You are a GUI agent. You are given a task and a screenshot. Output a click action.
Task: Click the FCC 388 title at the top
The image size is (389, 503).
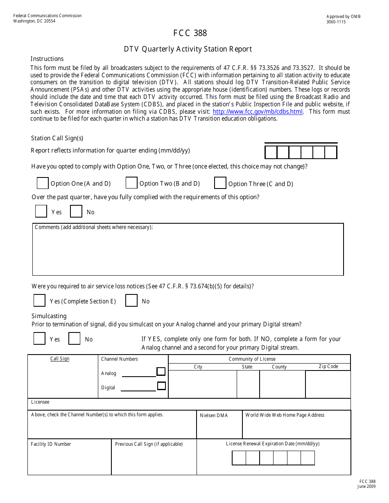pyautogui.click(x=190, y=34)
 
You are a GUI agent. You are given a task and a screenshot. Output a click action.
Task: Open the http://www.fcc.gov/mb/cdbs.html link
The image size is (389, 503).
pyautogui.click(x=258, y=112)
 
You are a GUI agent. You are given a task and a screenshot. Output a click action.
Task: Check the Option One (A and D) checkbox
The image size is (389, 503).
pyautogui.click(x=43, y=183)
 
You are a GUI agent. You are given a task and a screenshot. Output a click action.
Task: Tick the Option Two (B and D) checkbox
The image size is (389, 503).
pyautogui.click(x=131, y=183)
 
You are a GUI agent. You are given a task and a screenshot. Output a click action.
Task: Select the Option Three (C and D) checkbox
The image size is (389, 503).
pyautogui.click(x=220, y=183)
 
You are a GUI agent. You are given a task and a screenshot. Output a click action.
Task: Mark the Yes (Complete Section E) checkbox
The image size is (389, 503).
pyautogui.click(x=39, y=301)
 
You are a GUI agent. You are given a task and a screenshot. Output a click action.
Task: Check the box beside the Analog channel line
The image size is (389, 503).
pyautogui.click(x=161, y=372)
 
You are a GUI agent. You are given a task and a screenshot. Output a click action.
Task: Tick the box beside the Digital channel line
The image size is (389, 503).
pyautogui.click(x=161, y=386)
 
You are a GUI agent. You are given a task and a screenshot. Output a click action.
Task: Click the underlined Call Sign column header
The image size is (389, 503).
pyautogui.click(x=60, y=359)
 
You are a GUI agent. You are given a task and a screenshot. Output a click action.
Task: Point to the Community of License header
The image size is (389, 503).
pyautogui.click(x=252, y=359)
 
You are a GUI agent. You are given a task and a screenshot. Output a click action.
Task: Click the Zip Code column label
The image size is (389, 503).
pyautogui.click(x=328, y=366)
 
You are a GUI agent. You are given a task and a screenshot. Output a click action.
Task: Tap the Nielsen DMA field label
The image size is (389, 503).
pyautogui.click(x=214, y=415)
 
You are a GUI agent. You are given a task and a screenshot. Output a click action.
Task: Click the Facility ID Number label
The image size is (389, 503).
pyautogui.click(x=51, y=444)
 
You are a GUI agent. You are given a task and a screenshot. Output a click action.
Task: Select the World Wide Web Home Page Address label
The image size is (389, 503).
pyautogui.click(x=285, y=415)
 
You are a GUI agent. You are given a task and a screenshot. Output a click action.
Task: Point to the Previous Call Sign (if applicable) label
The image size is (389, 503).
pyautogui.click(x=149, y=444)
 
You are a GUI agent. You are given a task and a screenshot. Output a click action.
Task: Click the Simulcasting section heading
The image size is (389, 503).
pyautogui.click(x=49, y=316)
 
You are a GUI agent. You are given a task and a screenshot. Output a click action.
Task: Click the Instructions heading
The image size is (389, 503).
pyautogui.click(x=47, y=59)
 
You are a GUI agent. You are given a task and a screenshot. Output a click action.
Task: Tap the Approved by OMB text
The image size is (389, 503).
pyautogui.click(x=343, y=17)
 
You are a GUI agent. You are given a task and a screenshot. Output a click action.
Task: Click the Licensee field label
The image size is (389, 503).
pyautogui.click(x=40, y=402)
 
